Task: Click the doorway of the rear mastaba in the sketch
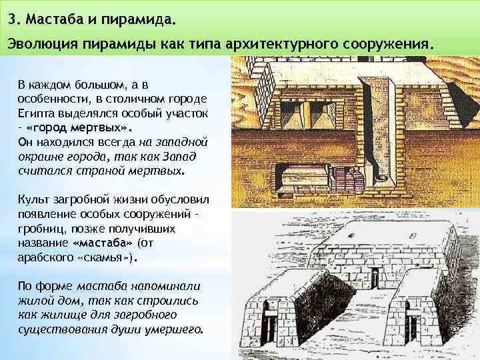[375, 273]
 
